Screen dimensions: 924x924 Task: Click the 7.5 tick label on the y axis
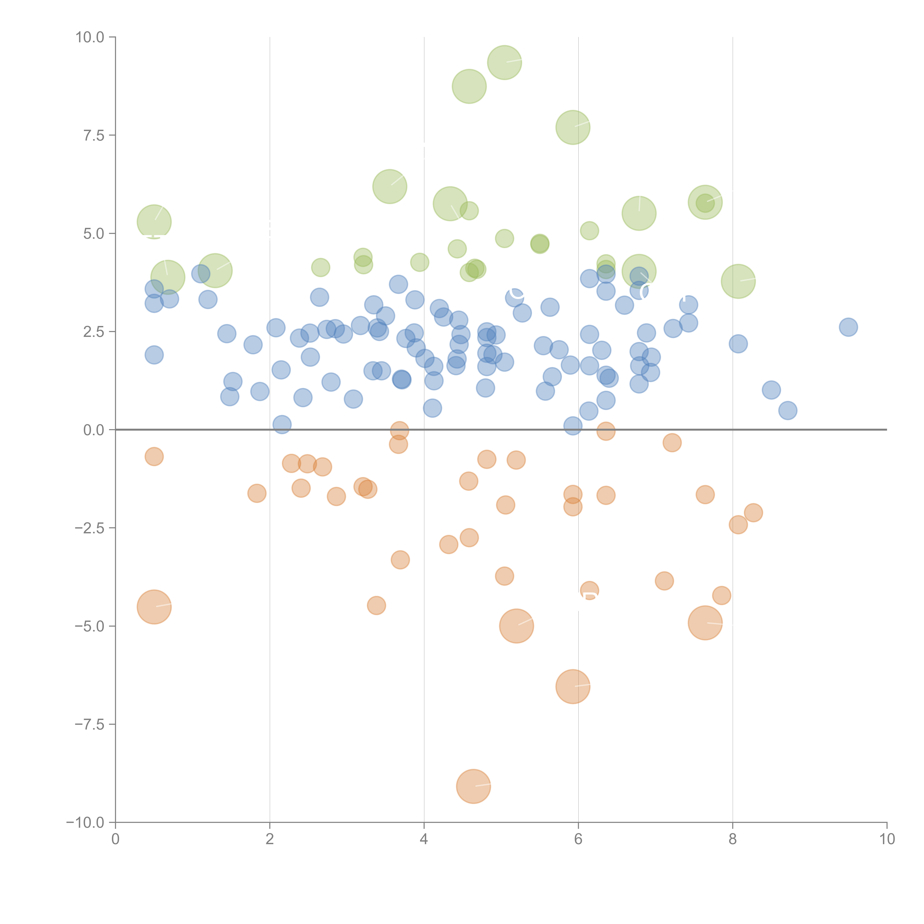point(94,135)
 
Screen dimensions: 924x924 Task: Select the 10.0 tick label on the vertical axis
point(90,37)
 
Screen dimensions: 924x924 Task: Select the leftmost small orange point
point(154,457)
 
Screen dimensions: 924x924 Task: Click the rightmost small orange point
point(753,513)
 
